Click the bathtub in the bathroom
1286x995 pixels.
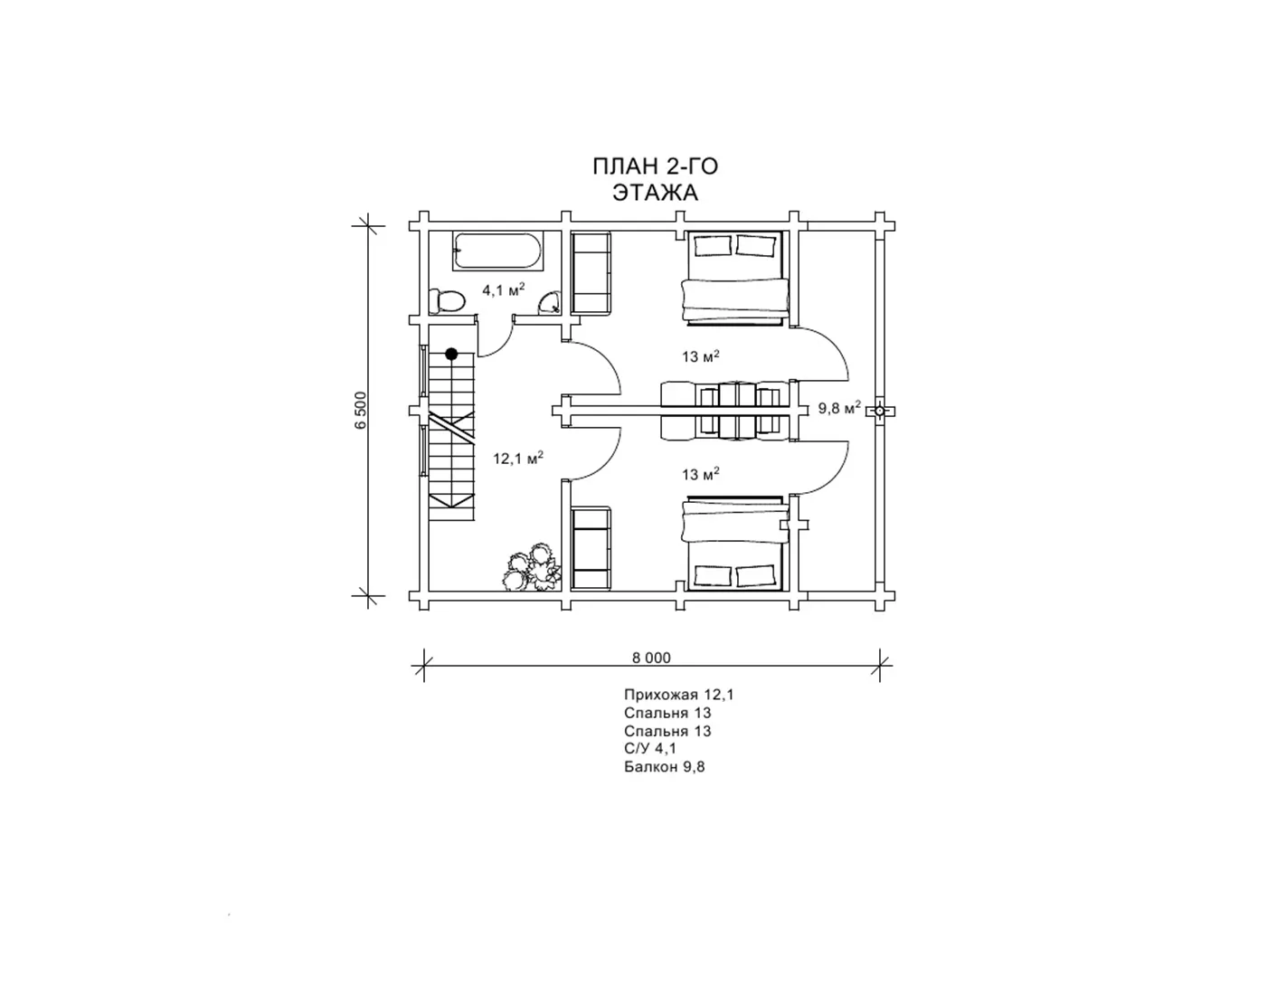497,251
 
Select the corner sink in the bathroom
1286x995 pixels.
550,303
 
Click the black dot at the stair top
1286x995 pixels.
451,354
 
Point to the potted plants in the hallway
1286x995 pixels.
532,568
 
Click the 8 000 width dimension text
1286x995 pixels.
651,658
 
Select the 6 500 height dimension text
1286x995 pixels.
362,410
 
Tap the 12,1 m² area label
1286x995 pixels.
518,458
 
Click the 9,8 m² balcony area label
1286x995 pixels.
838,408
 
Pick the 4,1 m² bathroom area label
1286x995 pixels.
503,290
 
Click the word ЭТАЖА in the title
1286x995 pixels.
655,193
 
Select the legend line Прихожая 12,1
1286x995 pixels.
679,695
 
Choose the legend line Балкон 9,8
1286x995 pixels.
664,767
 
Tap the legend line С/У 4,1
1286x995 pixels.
650,749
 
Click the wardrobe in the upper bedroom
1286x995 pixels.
591,273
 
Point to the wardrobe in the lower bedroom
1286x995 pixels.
591,547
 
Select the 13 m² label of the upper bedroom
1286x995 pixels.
701,356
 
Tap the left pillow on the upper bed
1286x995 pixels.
713,245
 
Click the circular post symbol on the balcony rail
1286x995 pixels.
879,411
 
